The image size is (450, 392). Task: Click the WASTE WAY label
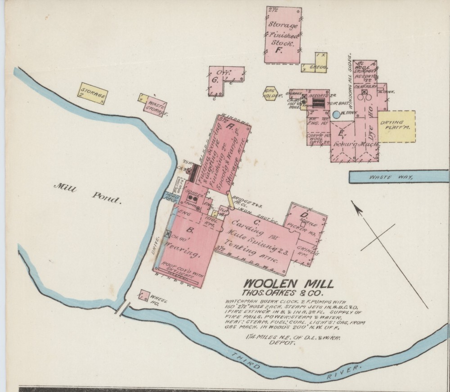pyautogui.click(x=390, y=177)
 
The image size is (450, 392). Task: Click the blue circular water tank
pyautogui.click(x=336, y=114)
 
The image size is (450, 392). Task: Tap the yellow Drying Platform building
pyautogui.click(x=396, y=126)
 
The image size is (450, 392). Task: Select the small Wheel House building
pyautogui.click(x=144, y=296)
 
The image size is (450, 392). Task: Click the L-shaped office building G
pyautogui.click(x=220, y=79)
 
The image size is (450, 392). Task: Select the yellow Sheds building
pyautogui.click(x=315, y=63)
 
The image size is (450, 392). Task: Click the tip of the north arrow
pyautogui.click(x=353, y=204)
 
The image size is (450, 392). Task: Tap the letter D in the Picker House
pyautogui.click(x=305, y=214)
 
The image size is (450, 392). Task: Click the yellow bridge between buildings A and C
pyautogui.click(x=230, y=200)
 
